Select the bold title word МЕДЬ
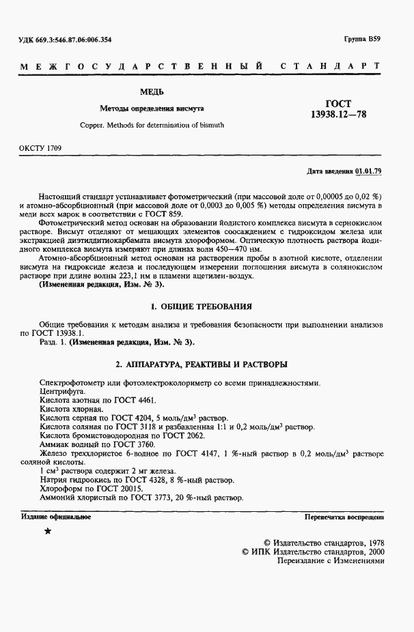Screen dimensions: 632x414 (151, 91)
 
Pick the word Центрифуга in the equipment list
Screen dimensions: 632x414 (62, 393)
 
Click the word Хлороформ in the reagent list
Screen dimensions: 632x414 (61, 489)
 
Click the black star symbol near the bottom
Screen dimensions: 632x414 (48, 531)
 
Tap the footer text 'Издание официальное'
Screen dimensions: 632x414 (57, 517)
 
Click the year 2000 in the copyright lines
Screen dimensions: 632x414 (372, 550)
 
